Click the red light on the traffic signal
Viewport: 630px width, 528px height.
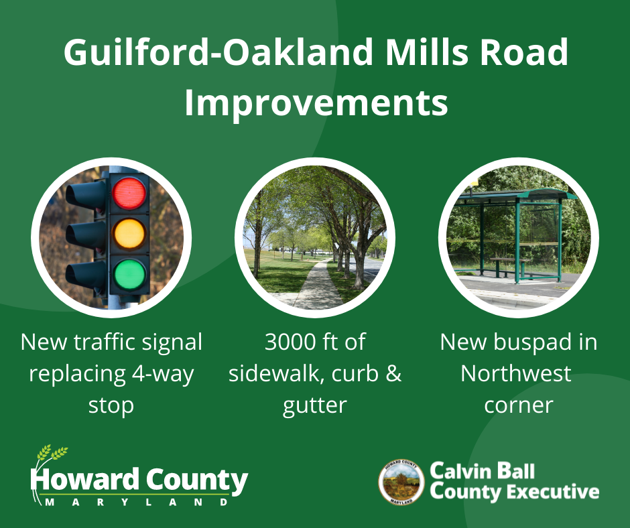click(129, 193)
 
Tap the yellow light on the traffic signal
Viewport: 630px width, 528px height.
click(129, 234)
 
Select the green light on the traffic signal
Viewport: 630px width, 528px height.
click(129, 275)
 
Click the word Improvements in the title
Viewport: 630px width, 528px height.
click(316, 104)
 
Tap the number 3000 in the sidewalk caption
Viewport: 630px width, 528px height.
click(290, 342)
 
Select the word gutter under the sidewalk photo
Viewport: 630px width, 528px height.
click(314, 405)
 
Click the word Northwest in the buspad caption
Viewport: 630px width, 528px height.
click(516, 374)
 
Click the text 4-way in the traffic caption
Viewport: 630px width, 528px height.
click(163, 375)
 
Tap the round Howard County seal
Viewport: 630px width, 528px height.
click(401, 482)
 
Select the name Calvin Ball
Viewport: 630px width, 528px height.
click(482, 471)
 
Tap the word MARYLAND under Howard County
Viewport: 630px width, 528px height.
click(137, 502)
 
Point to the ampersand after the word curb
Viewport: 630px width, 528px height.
click(393, 374)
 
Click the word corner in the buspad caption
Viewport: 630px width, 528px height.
click(519, 405)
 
